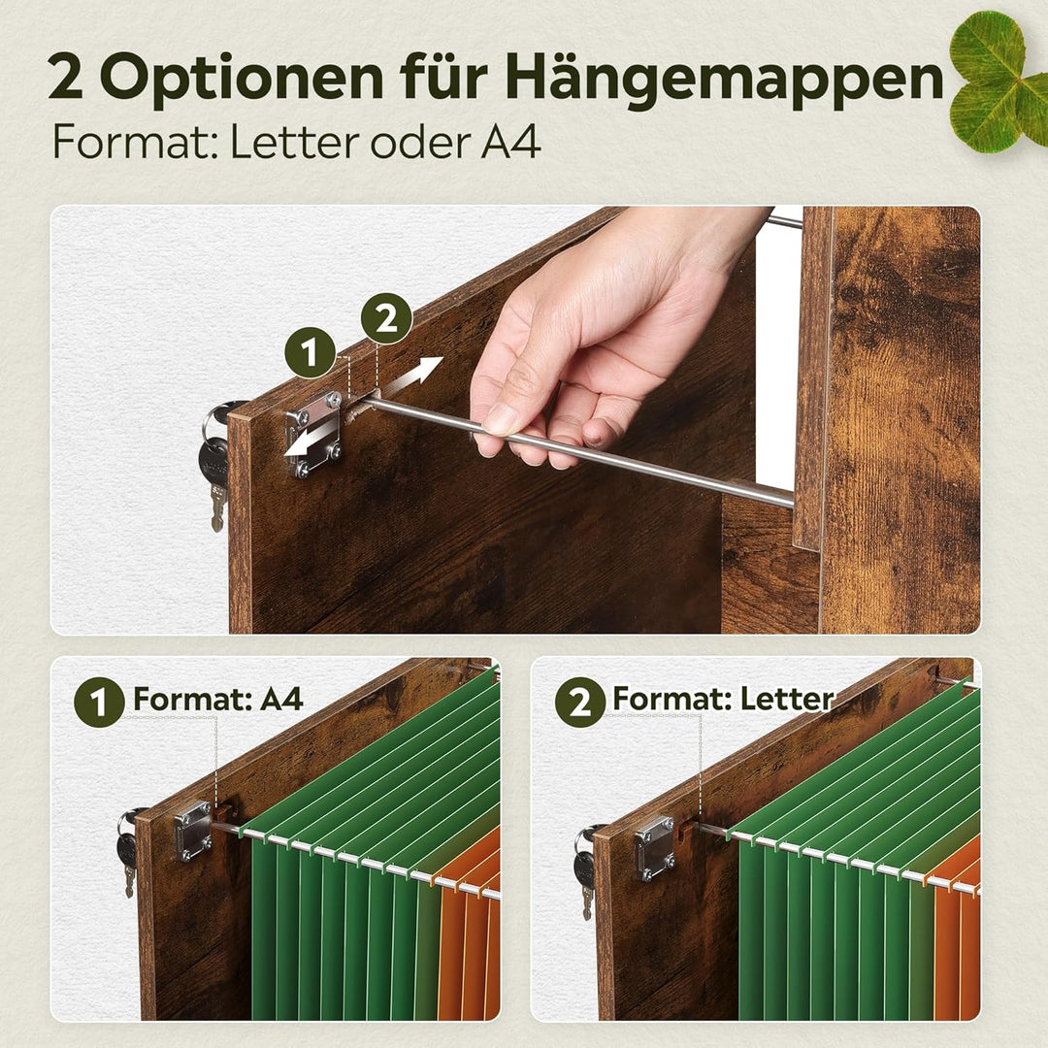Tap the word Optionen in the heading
click(242, 79)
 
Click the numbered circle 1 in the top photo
click(310, 352)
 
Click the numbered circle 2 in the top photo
click(386, 318)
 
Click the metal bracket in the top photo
click(314, 435)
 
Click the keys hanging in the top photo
click(215, 461)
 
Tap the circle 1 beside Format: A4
click(99, 702)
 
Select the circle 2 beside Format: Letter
click(579, 702)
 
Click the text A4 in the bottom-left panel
click(281, 699)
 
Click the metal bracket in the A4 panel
click(194, 831)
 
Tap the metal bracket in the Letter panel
click(653, 847)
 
